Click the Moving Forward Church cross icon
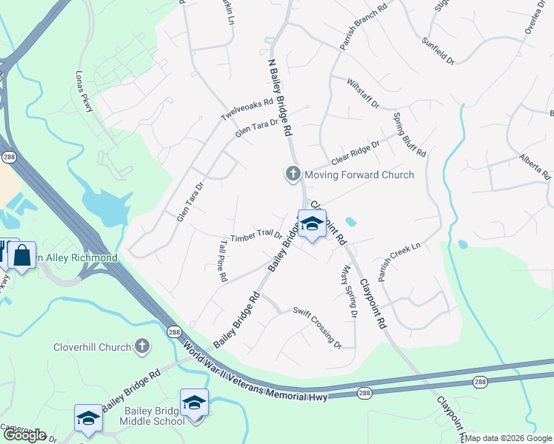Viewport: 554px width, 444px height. tap(293, 175)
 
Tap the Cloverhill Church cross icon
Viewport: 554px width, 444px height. tap(142, 346)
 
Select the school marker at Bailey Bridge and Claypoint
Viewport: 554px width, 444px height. tap(312, 224)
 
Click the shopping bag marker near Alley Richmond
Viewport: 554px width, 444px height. tap(22, 255)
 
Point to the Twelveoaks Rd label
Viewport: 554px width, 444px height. tap(247, 110)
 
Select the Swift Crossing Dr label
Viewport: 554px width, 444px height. tap(317, 327)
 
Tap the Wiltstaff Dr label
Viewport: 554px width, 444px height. tap(362, 94)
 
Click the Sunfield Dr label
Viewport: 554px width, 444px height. tap(438, 50)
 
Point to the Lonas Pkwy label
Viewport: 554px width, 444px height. tap(83, 92)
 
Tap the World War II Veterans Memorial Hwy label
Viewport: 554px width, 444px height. tap(256, 373)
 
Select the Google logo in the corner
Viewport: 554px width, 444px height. tap(24, 435)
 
